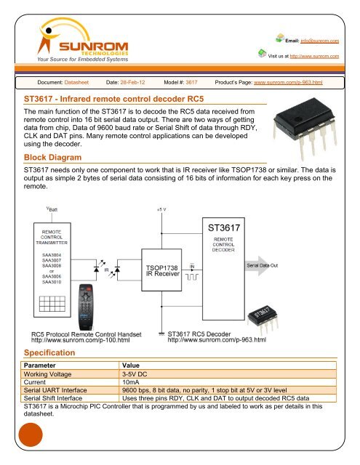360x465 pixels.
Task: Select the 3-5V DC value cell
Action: click(136, 372)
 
